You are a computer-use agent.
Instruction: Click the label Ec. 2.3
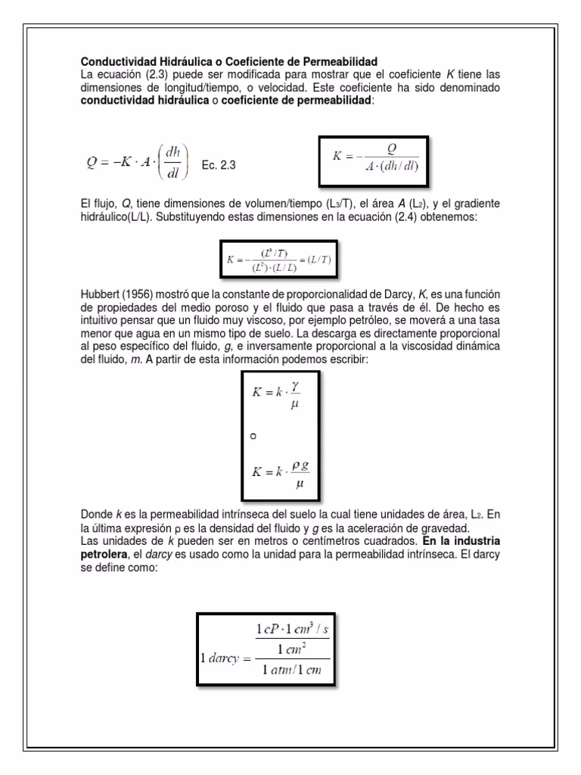(x=219, y=165)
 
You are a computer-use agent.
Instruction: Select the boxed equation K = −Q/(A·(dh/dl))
(x=374, y=160)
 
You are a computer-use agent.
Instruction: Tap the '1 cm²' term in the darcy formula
(x=290, y=649)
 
